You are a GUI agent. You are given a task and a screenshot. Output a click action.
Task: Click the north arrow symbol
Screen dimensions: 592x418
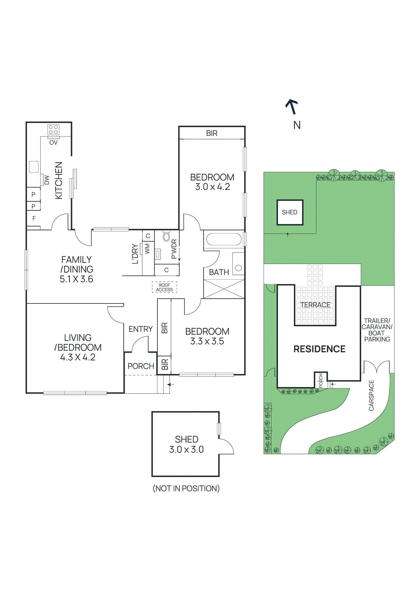292,107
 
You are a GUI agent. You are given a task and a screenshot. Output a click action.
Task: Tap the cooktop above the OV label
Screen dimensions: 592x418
53,130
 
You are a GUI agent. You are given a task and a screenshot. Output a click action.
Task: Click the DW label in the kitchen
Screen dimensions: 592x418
47,180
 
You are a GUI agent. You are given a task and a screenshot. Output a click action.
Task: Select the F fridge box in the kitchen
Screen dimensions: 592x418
34,218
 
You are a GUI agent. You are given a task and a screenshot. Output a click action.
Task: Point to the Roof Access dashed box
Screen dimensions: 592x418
164,287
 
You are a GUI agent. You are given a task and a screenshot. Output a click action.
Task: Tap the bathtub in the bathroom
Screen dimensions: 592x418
224,239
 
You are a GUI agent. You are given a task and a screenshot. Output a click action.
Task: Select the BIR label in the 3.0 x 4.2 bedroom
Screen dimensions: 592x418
212,133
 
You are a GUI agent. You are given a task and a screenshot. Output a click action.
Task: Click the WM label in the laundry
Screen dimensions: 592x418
147,248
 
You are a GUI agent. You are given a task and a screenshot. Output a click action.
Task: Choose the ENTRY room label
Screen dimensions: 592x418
140,329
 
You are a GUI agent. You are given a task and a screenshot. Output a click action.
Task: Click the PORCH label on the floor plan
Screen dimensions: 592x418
141,366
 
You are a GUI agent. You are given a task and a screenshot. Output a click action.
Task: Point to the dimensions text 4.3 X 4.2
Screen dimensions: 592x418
78,357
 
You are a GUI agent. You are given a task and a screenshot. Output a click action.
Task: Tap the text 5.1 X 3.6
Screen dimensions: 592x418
77,279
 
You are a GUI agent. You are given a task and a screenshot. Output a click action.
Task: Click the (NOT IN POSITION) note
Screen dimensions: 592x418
186,488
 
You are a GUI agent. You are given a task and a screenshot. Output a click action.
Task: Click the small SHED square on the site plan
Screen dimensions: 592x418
290,212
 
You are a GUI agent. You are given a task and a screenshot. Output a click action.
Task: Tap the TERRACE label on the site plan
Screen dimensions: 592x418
315,305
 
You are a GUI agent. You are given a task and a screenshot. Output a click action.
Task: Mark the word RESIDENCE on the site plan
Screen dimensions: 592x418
319,349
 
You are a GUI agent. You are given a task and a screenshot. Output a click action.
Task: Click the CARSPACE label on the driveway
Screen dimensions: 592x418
371,396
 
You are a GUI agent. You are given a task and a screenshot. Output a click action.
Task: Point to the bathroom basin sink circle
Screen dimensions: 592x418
239,268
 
